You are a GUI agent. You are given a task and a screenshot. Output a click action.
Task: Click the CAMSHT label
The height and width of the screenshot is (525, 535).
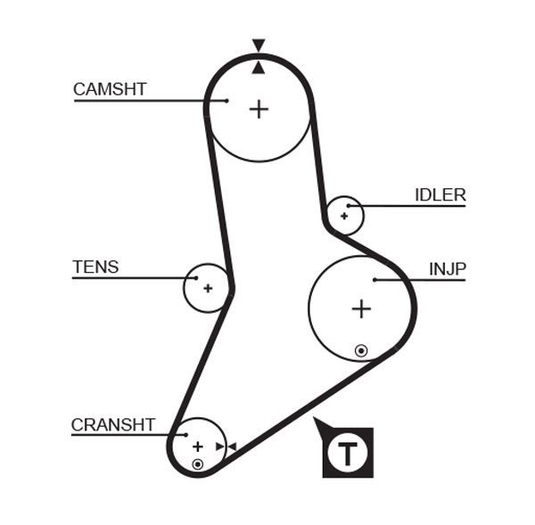pos(110,89)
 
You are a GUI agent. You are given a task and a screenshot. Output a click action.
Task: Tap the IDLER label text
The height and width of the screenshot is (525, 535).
pos(440,195)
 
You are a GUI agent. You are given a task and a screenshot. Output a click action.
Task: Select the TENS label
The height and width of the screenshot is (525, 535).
pos(95,267)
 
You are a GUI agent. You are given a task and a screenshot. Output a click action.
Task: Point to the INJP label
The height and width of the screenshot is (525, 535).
pos(447,268)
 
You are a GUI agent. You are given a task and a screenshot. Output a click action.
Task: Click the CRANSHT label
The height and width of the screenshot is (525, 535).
pos(113,425)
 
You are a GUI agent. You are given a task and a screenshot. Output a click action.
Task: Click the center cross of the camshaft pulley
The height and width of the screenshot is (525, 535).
pos(259,110)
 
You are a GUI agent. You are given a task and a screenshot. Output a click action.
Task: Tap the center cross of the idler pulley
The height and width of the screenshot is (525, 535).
pos(344,216)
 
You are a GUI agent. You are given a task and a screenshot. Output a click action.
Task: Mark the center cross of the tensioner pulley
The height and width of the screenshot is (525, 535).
pos(208,288)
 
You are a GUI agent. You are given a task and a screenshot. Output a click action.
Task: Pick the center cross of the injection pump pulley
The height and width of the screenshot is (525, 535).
pos(361,309)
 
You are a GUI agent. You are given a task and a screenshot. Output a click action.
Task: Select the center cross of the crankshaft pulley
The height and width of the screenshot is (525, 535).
pos(198,447)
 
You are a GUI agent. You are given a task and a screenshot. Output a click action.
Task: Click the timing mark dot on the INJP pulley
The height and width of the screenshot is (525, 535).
pos(361,350)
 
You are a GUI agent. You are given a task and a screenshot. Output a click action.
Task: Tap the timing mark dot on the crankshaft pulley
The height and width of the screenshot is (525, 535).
pos(198,463)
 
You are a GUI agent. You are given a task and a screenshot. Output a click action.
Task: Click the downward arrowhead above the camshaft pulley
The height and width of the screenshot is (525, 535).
pos(259,45)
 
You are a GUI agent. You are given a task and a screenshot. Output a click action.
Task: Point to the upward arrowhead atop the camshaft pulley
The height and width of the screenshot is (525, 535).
pos(259,68)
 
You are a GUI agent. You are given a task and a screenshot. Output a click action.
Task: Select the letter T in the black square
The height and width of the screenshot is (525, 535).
pos(348,453)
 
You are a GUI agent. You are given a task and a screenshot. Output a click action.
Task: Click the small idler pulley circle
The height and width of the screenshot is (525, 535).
pos(345,215)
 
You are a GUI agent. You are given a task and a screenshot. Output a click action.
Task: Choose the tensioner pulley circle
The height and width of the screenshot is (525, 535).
pos(207,288)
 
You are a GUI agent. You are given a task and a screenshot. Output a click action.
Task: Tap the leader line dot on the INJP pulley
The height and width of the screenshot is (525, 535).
pos(375,280)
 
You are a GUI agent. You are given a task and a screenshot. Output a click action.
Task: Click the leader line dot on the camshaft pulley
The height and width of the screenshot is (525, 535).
pos(227,101)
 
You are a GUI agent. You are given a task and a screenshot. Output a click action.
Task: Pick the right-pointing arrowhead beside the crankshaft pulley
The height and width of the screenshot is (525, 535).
pos(219,447)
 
